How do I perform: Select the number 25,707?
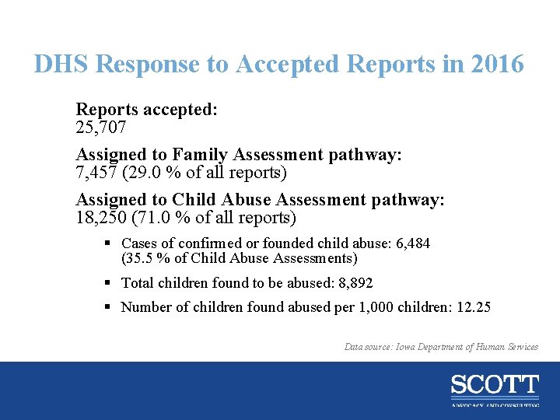point(101,127)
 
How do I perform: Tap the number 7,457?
point(96,172)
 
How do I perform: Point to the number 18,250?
point(101,217)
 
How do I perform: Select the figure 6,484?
point(413,243)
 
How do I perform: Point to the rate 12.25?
point(473,307)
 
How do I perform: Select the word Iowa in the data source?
point(410,347)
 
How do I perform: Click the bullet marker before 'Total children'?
point(110,283)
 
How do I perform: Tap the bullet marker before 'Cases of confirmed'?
point(110,243)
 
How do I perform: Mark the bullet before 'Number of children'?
point(110,307)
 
